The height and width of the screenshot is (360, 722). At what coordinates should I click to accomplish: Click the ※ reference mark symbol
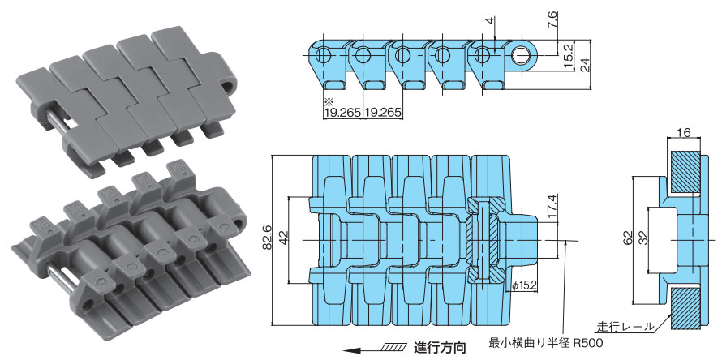tap(329, 101)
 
